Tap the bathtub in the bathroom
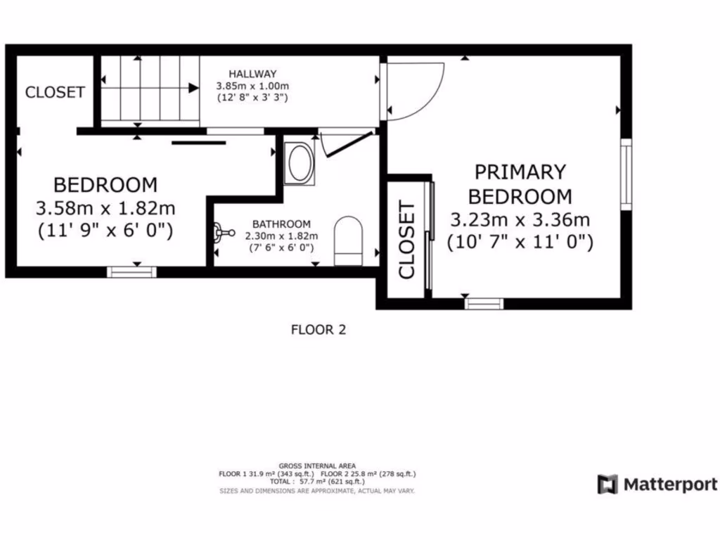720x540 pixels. [x=300, y=164]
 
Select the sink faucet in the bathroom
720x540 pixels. [x=224, y=231]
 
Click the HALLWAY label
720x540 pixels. [x=252, y=74]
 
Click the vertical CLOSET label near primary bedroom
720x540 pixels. [x=406, y=240]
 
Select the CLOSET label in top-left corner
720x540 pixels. [x=55, y=92]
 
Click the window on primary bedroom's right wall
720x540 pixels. [x=625, y=173]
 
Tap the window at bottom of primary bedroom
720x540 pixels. [x=484, y=304]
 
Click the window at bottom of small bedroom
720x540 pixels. [x=131, y=271]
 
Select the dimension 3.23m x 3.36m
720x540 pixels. [x=520, y=219]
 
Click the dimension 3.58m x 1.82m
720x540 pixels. [x=105, y=208]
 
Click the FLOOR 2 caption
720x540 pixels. [x=319, y=328]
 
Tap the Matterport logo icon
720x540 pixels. [x=607, y=484]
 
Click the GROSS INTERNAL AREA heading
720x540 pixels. [x=317, y=465]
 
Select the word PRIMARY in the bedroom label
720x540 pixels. [x=520, y=172]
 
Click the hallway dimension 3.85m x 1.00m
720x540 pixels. [x=252, y=86]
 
